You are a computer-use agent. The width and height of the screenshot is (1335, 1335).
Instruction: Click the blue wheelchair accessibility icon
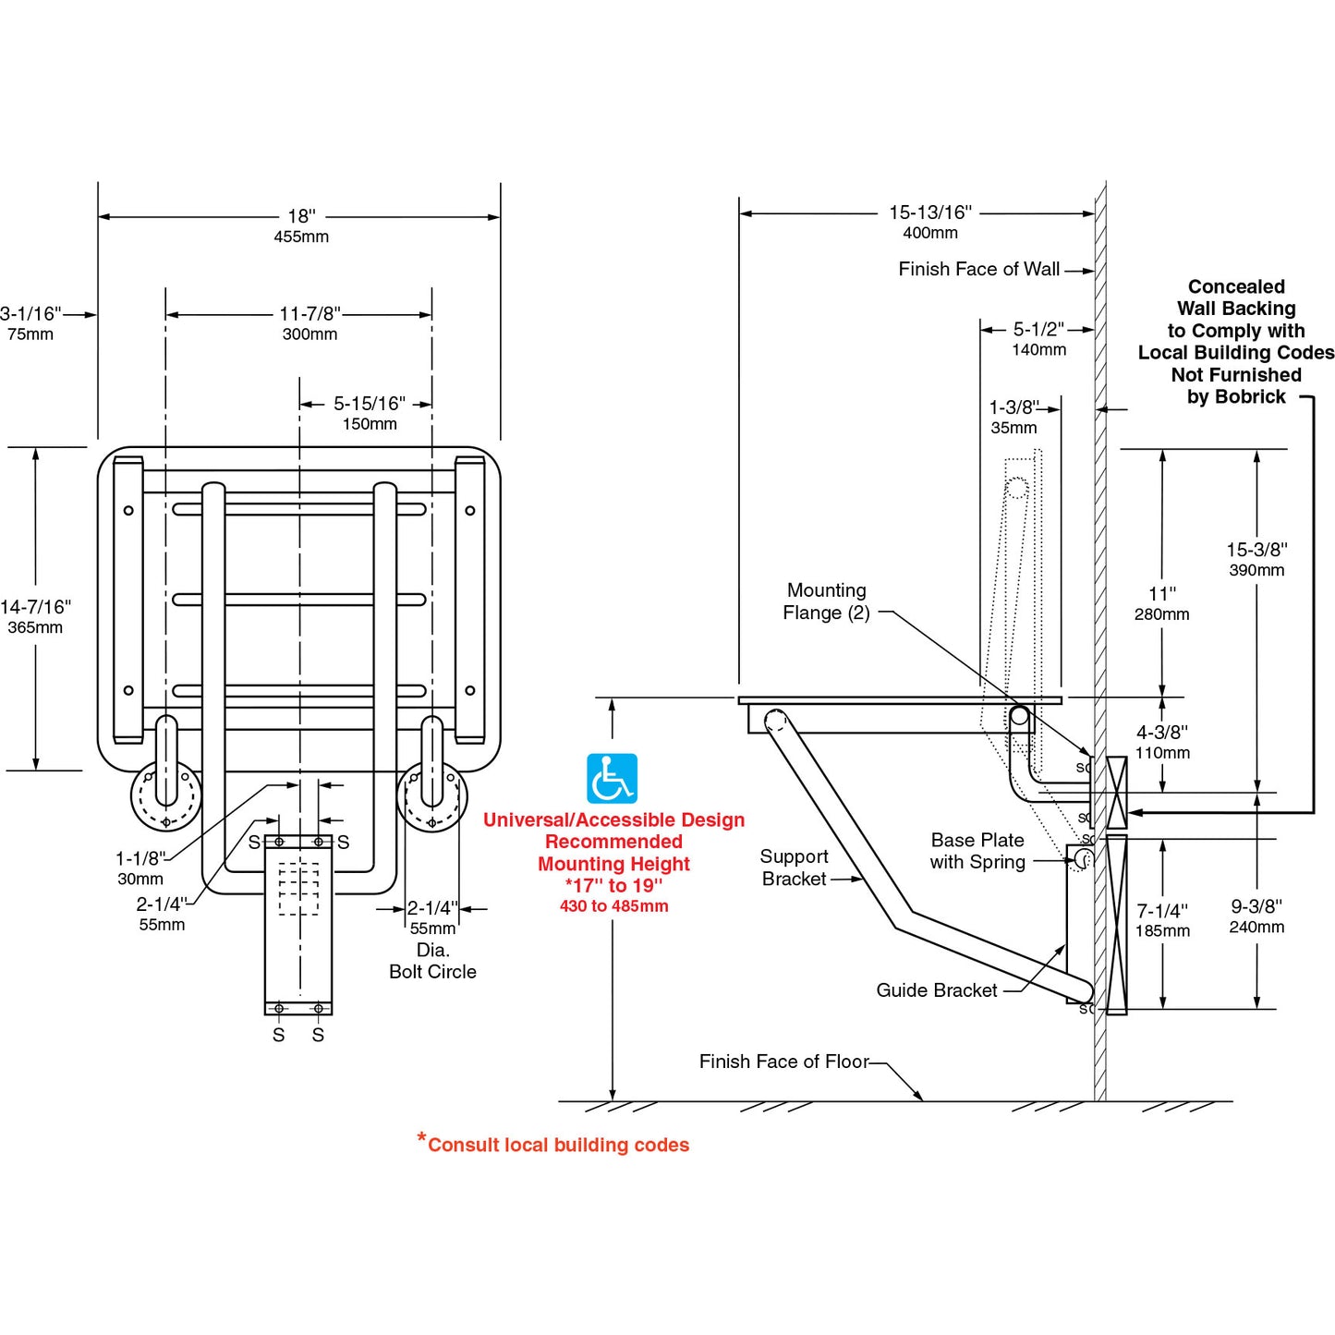[x=612, y=779]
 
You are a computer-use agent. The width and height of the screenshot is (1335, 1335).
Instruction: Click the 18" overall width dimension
[x=301, y=216]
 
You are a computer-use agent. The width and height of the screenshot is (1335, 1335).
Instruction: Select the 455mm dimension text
[x=301, y=237]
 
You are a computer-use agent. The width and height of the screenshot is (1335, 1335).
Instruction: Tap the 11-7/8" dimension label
[x=309, y=314]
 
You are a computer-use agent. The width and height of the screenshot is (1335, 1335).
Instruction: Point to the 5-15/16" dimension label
[x=369, y=404]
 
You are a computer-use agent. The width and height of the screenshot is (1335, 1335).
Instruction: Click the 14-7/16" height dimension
[x=35, y=607]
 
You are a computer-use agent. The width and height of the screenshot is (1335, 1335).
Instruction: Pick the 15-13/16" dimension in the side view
[x=929, y=212]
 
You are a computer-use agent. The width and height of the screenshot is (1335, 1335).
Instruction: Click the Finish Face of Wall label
[x=978, y=269]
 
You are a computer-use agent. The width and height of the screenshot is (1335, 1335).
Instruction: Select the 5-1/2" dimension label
[x=1038, y=329]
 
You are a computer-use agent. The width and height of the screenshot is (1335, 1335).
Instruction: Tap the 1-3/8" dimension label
[x=1013, y=407]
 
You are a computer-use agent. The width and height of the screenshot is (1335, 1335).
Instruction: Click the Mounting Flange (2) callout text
[x=826, y=601]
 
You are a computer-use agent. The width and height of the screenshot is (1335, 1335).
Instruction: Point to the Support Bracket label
[x=794, y=868]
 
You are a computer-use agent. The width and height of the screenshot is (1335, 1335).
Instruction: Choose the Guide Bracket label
[x=936, y=990]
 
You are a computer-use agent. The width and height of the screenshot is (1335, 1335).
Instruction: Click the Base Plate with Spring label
[x=977, y=851]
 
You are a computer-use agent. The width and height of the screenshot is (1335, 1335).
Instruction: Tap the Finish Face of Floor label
[x=783, y=1062]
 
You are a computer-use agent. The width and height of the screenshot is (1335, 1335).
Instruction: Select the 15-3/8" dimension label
[x=1256, y=550]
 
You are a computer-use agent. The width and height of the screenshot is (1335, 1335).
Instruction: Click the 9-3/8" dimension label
[x=1256, y=906]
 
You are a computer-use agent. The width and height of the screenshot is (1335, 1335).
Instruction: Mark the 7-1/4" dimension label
[x=1162, y=911]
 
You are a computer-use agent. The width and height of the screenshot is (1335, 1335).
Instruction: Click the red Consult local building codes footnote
[x=557, y=1145]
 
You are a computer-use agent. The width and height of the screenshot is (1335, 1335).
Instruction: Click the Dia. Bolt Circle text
[x=432, y=961]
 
